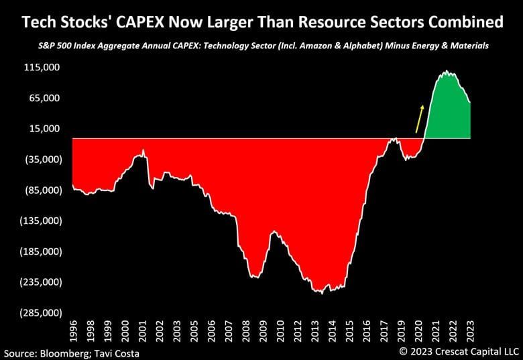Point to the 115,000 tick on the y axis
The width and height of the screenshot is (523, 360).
(x=42, y=68)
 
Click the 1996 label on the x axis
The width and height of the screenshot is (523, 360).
(x=73, y=333)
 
